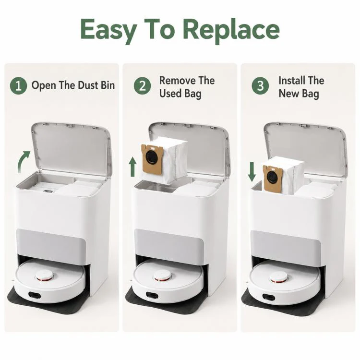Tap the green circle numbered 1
[x=18, y=85]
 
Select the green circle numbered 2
[x=143, y=85]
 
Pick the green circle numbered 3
[x=260, y=85]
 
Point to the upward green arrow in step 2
[x=132, y=167]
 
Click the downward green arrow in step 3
[x=252, y=171]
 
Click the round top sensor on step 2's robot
[x=163, y=276]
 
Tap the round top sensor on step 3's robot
[x=279, y=277]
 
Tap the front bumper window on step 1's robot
[x=35, y=295]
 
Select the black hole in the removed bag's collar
[x=151, y=157]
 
